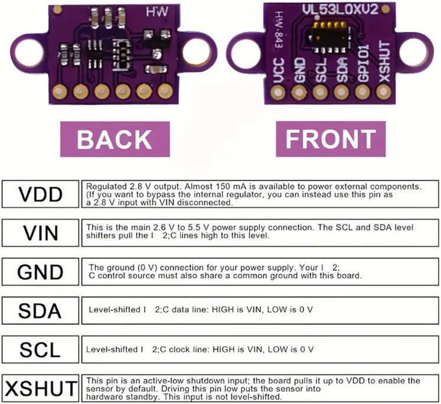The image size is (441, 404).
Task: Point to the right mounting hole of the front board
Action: (417, 48)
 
